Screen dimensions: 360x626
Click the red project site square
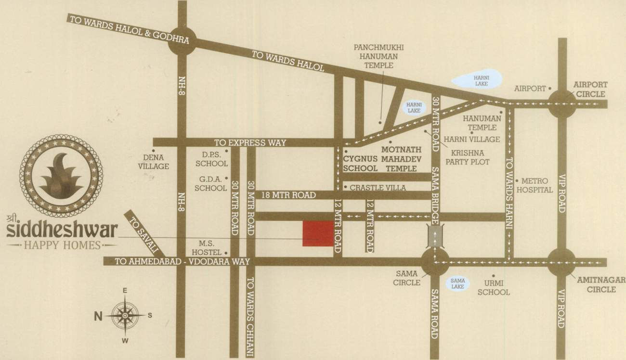coord(317,234)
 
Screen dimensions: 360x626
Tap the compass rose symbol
coord(125,315)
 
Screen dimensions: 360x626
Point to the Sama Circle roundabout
coord(434,262)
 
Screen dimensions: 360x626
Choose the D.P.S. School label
coord(211,159)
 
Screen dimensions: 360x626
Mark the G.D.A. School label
coord(210,183)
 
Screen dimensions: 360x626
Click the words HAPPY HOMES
coord(62,245)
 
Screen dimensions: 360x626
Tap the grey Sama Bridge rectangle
coord(434,237)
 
